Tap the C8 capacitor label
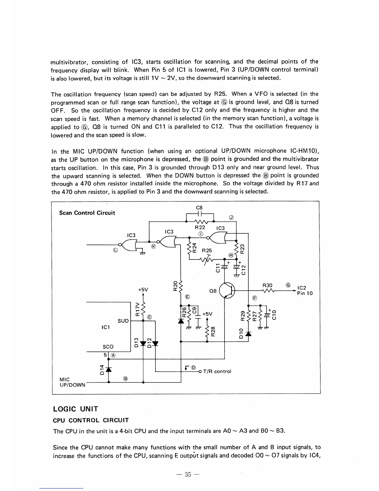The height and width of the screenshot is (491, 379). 200,207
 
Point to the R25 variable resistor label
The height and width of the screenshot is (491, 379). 207,250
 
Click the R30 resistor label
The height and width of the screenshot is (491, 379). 267,285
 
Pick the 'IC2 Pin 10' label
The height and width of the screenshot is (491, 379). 305,290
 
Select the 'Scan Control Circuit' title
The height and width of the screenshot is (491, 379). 87,213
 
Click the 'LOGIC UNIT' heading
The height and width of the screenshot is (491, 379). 76,409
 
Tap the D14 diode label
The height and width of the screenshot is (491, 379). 101,370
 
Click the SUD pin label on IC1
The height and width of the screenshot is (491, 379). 123,321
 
